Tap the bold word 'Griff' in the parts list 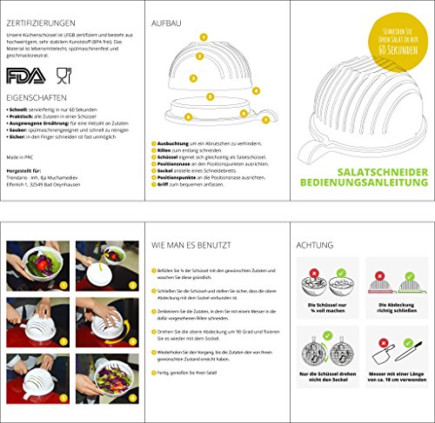tap(163, 186)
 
